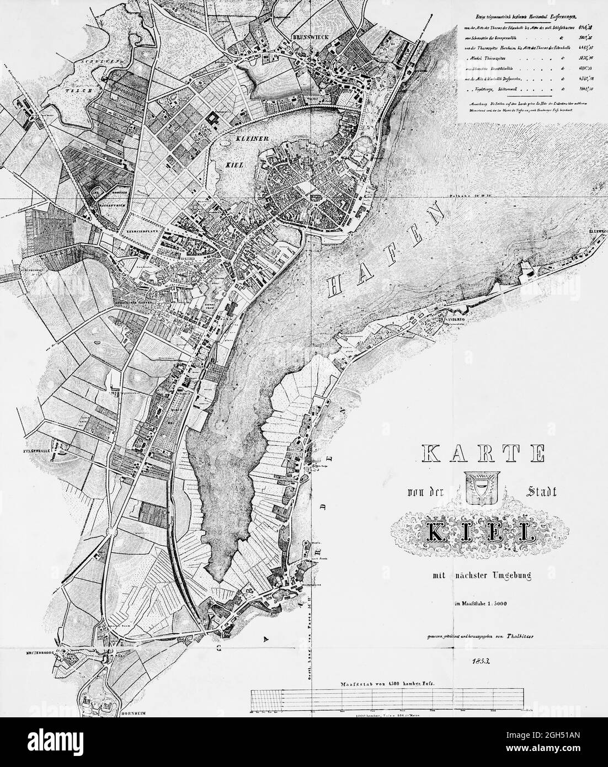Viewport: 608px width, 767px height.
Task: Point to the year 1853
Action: click(478, 660)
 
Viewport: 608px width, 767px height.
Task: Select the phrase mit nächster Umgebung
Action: click(481, 577)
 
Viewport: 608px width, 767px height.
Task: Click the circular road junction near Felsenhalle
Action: click(114, 532)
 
